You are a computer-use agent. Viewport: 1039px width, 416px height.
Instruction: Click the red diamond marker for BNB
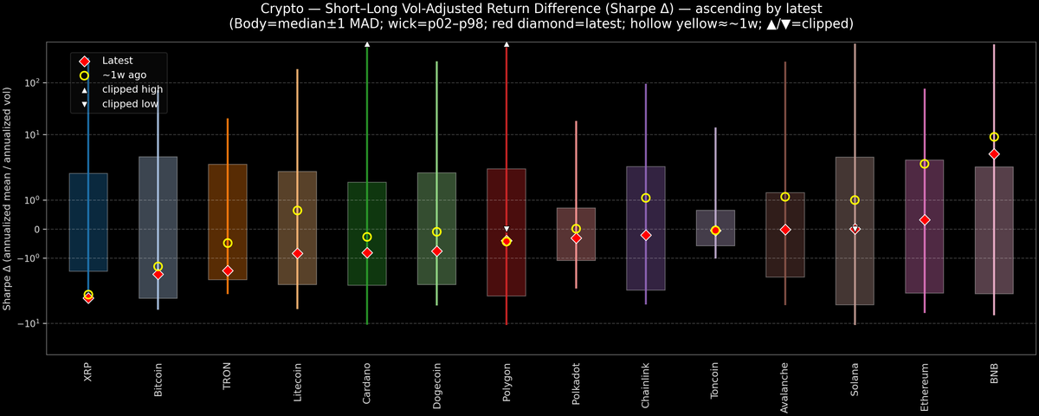994,154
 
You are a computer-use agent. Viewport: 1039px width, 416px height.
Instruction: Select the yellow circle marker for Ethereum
924,164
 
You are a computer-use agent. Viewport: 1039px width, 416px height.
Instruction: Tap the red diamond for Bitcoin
158,274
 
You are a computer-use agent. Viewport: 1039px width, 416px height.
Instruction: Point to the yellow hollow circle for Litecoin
297,211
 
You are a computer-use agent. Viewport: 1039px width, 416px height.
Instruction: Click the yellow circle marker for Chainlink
645,198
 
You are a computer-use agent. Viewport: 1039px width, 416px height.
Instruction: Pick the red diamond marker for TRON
228,270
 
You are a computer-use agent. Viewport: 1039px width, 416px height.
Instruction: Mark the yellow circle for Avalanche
784,197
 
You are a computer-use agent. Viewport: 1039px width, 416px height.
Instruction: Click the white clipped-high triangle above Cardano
367,43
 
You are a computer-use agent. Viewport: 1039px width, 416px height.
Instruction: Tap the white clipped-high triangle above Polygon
507,43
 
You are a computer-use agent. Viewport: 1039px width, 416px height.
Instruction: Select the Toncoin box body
715,228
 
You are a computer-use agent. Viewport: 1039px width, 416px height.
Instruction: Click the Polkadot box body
576,234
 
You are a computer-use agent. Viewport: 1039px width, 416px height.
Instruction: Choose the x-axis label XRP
88,373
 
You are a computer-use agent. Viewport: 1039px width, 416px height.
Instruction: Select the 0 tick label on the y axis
36,230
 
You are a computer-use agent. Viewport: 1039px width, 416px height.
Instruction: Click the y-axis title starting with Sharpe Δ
8,198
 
